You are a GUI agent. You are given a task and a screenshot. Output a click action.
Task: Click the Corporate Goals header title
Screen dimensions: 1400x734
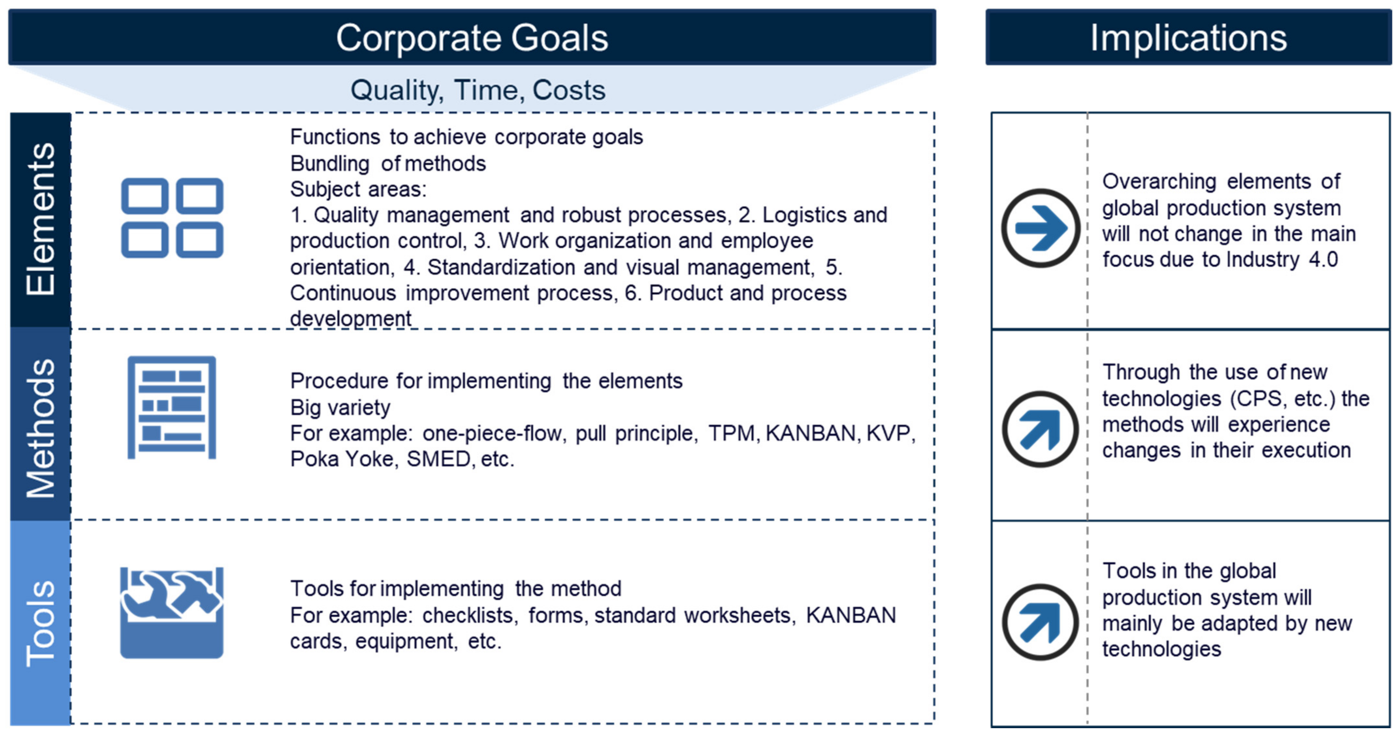(x=472, y=38)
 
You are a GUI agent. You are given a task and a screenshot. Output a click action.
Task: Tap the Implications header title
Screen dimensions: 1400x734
(x=1189, y=38)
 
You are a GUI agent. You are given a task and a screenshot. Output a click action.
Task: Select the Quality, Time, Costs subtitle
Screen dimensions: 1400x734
(x=478, y=90)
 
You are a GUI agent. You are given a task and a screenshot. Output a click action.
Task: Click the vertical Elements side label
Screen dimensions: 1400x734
(x=41, y=219)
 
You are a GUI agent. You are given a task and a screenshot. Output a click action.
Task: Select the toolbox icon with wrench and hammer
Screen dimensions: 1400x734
(x=172, y=613)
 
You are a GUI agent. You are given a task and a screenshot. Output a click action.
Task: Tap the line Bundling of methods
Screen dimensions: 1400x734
(x=388, y=163)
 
